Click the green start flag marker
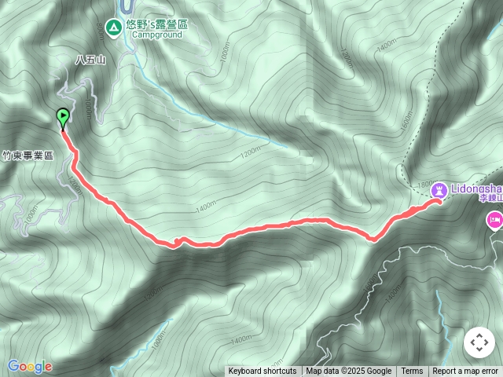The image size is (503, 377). pyautogui.click(x=63, y=118)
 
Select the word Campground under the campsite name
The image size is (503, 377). pyautogui.click(x=156, y=35)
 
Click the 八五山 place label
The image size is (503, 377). pyautogui.click(x=90, y=59)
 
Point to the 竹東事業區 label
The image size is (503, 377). pyautogui.click(x=28, y=156)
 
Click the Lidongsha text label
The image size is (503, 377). pyautogui.click(x=476, y=189)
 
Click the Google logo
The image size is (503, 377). pyautogui.click(x=30, y=366)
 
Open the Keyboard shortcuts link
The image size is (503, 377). pyautogui.click(x=263, y=372)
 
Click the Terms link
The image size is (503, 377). pyautogui.click(x=412, y=372)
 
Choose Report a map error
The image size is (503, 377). pyautogui.click(x=465, y=372)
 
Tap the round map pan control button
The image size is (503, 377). pyautogui.click(x=479, y=342)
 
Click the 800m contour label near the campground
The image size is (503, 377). pyautogui.click(x=100, y=27)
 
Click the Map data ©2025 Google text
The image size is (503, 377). pyautogui.click(x=348, y=372)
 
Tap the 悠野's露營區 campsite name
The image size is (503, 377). pyautogui.click(x=160, y=24)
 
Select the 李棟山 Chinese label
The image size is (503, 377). pyautogui.click(x=491, y=199)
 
